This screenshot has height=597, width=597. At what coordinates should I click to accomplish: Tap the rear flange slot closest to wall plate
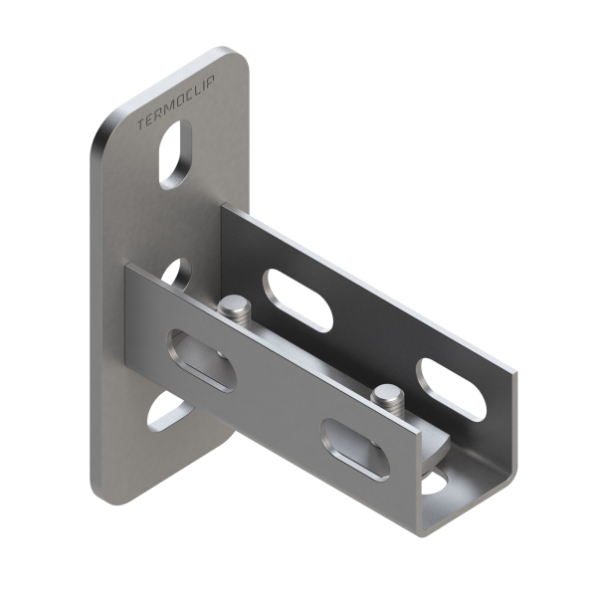pos(298,296)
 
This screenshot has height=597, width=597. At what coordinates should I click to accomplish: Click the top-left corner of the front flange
pos(126,269)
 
